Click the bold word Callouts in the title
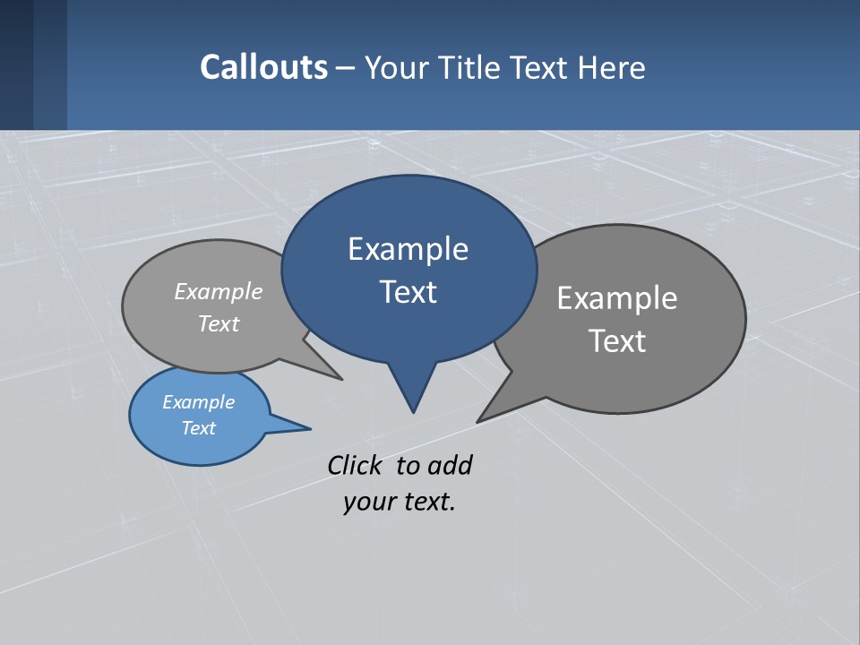coord(263,67)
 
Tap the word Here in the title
coord(612,67)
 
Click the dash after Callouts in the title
coord(346,68)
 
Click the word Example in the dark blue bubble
coord(408,249)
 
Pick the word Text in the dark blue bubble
coord(408,292)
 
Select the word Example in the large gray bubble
coord(616,298)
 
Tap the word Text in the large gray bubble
coord(616,341)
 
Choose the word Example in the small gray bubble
coord(219,291)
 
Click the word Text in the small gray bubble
coord(219,323)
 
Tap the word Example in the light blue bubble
coord(198,402)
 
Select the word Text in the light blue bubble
coord(198,428)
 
